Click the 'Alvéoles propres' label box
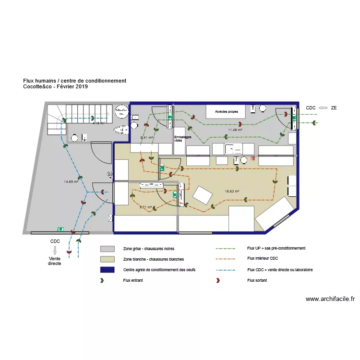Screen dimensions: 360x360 click(x=226, y=111)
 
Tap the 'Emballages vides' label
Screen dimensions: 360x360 click(x=179, y=139)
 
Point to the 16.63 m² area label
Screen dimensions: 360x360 click(x=232, y=191)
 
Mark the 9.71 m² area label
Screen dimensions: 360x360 click(x=145, y=207)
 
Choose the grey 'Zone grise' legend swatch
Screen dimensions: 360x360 click(x=107, y=249)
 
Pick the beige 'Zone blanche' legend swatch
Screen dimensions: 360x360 click(x=107, y=259)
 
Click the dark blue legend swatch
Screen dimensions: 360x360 click(x=107, y=270)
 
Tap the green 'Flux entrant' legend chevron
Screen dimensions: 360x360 click(x=102, y=280)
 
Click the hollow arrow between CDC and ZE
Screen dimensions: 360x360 click(x=323, y=108)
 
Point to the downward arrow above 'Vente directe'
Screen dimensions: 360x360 click(x=55, y=250)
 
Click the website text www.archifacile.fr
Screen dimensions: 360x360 click(x=330, y=299)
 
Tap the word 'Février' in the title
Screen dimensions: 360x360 click(x=65, y=86)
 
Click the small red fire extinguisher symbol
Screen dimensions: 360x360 click(x=252, y=158)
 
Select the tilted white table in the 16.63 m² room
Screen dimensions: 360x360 click(x=203, y=195)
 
